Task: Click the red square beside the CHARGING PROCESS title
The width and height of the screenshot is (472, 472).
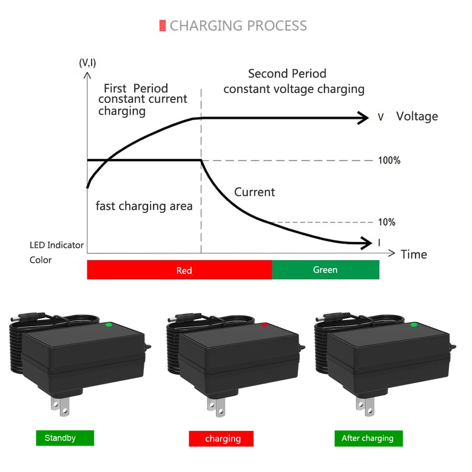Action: point(163,25)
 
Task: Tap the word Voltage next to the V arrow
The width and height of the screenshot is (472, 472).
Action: point(417,117)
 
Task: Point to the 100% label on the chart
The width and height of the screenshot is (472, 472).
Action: point(389,160)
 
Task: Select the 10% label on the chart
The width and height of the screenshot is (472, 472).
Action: point(387,222)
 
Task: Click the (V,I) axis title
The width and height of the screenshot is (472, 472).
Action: point(87,63)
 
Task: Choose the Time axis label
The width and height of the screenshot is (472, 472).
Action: point(413,254)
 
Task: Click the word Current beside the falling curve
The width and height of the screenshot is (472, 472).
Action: point(254,192)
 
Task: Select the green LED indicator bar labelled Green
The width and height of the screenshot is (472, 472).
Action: point(325,270)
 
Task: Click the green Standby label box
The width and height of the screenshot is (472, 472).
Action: point(65,438)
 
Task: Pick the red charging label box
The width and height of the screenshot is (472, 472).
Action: point(221,439)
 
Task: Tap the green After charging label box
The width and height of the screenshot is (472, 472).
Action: point(368,438)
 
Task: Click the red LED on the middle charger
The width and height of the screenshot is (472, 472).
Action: point(264,325)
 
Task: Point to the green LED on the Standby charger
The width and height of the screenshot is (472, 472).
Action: point(109,324)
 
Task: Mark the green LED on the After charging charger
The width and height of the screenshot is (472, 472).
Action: point(414,324)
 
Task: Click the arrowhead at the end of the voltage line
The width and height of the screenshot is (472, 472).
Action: point(363,118)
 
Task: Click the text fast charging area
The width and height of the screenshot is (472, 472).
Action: point(144,206)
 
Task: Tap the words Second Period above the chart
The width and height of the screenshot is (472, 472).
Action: point(287,74)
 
